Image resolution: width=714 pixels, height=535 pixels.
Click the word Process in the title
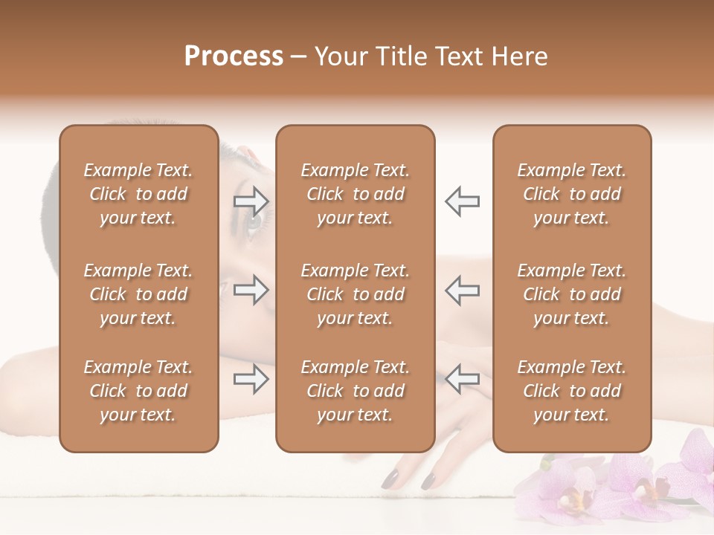[234, 56]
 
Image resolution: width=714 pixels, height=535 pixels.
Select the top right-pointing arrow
[251, 201]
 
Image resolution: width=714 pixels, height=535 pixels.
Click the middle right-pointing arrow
[251, 290]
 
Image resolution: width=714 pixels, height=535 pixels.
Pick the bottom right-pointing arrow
[251, 380]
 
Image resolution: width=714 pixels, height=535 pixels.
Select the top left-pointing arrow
[462, 201]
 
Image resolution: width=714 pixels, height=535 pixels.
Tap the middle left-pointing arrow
[462, 290]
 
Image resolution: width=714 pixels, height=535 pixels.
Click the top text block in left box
[138, 194]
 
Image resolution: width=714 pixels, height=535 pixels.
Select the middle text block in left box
[138, 294]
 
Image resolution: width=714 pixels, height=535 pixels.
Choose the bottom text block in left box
[138, 391]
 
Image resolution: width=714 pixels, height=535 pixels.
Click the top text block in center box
[355, 194]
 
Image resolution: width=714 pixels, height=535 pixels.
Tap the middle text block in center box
[355, 294]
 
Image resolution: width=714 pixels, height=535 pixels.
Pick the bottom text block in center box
[355, 391]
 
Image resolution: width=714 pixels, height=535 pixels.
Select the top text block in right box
[572, 194]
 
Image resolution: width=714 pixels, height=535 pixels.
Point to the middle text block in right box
[572, 294]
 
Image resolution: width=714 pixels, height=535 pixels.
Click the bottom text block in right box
[572, 391]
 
